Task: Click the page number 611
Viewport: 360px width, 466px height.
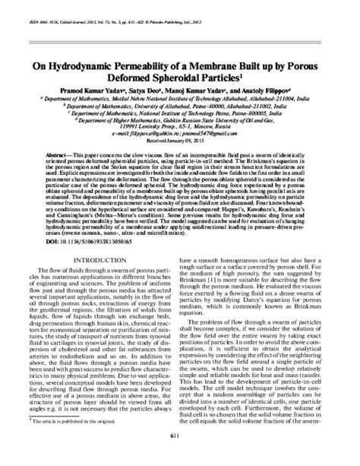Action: click(x=180, y=455)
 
